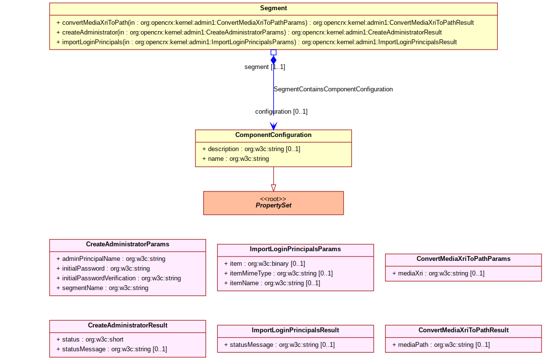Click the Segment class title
[x=273, y=8]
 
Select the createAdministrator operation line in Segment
[x=249, y=32]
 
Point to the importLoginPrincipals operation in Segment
[x=256, y=42]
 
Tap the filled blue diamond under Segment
[x=273, y=60]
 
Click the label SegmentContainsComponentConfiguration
[x=333, y=89]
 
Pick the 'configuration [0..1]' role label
[x=281, y=111]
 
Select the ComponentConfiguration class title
[x=273, y=135]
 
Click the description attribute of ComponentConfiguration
[x=251, y=149]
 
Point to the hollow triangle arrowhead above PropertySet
[x=273, y=188]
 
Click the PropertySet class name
[x=273, y=206]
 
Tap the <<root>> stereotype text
[x=273, y=199]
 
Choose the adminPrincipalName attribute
[x=111, y=259]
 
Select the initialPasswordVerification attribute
[x=118, y=278]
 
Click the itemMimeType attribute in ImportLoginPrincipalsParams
[x=278, y=274]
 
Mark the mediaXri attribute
[x=438, y=274]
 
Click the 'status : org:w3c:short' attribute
[x=89, y=339]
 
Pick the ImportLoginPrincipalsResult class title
[x=295, y=330]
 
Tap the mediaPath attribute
[x=440, y=345]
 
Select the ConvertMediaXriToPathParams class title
[x=463, y=259]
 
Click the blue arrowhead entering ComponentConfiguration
[x=273, y=126]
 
